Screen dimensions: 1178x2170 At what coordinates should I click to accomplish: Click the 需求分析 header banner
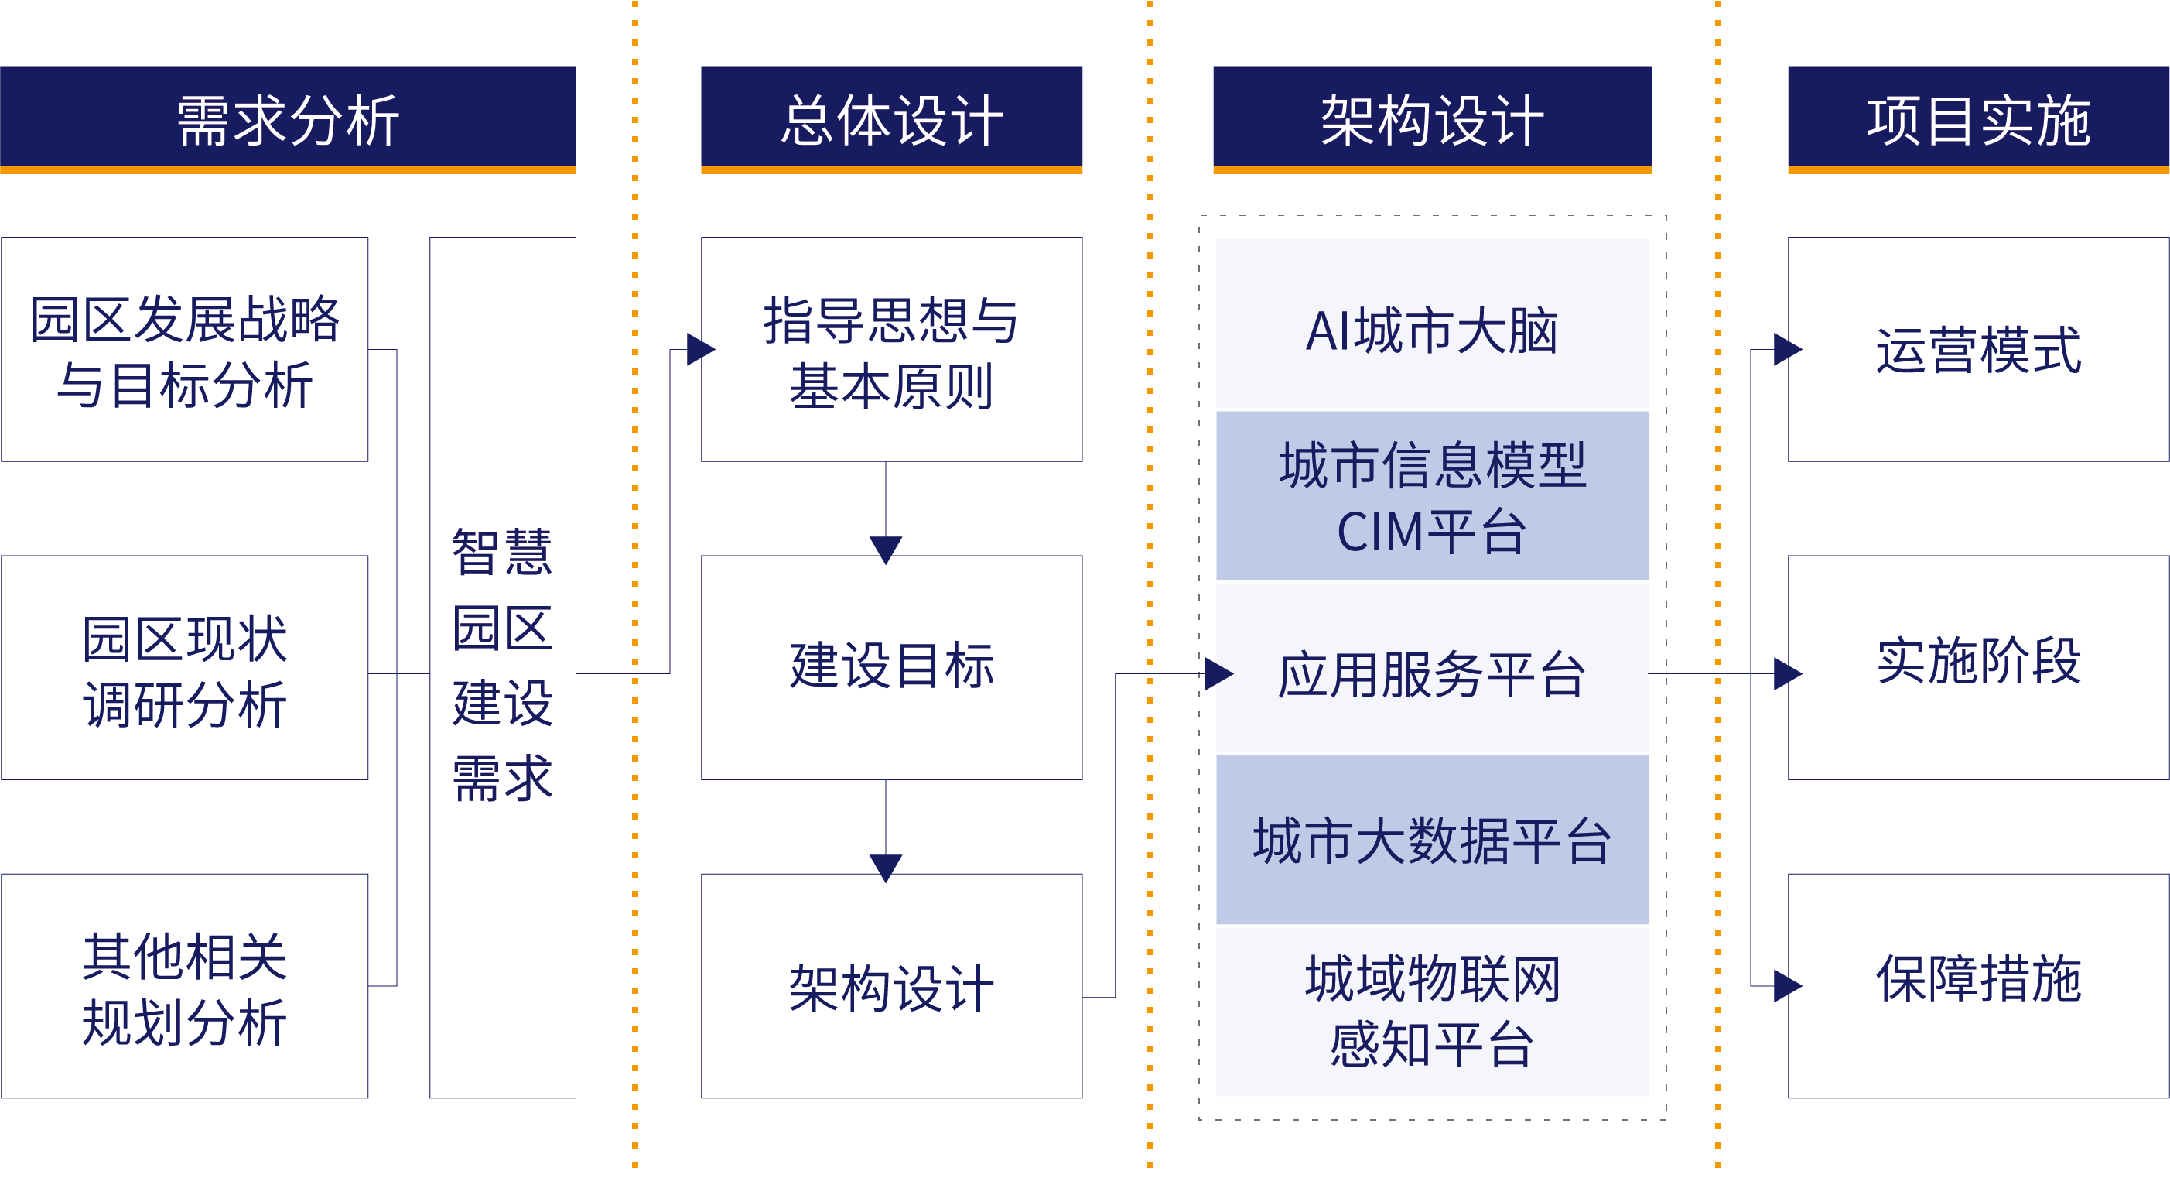[287, 119]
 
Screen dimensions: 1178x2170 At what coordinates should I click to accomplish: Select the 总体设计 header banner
[891, 119]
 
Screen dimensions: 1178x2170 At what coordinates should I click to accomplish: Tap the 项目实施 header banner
[1978, 119]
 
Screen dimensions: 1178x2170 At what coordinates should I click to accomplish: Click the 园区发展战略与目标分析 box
[184, 350]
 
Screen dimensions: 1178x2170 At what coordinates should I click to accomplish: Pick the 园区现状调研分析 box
[184, 668]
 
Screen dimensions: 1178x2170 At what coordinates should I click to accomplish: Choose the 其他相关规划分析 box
[184, 987]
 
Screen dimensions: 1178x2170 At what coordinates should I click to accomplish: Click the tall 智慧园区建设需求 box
[502, 667]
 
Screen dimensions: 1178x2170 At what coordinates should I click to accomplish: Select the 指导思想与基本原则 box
[891, 350]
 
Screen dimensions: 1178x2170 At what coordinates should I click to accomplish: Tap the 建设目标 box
[891, 668]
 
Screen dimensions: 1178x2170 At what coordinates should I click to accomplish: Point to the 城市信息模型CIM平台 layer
[1432, 496]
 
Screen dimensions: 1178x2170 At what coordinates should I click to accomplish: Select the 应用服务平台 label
[1432, 674]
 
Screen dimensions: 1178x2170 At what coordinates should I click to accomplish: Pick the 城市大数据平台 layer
[1432, 840]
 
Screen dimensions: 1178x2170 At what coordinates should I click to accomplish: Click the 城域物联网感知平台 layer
[1432, 1011]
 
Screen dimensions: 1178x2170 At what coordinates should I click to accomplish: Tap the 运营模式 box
[1978, 350]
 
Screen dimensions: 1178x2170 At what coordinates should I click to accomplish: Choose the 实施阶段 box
[1978, 662]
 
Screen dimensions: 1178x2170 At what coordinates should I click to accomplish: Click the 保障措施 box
[1978, 980]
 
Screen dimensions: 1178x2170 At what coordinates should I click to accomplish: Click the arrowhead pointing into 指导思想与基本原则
[700, 350]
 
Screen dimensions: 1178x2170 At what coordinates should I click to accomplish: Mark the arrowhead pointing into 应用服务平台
[1219, 674]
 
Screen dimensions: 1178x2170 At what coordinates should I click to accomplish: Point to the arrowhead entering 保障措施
[1787, 987]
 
